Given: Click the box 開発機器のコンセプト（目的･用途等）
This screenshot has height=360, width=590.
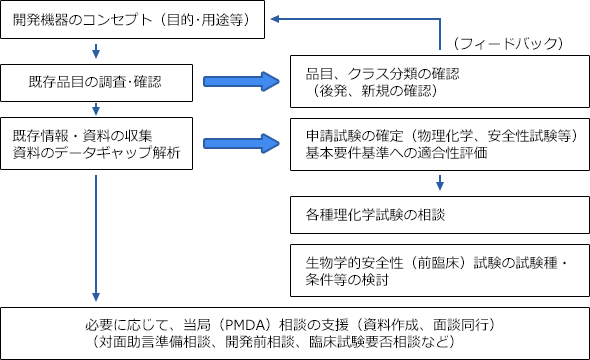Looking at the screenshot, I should pos(134,20).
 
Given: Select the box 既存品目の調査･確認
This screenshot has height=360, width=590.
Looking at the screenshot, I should pos(96,79).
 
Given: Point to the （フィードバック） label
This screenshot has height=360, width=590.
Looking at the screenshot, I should pos(508,43).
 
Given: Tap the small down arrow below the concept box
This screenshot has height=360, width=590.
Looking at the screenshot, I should pos(96,51).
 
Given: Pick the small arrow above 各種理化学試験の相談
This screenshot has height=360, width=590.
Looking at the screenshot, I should pos(439,184).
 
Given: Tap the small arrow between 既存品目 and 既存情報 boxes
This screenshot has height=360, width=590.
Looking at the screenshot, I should pos(96,107).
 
